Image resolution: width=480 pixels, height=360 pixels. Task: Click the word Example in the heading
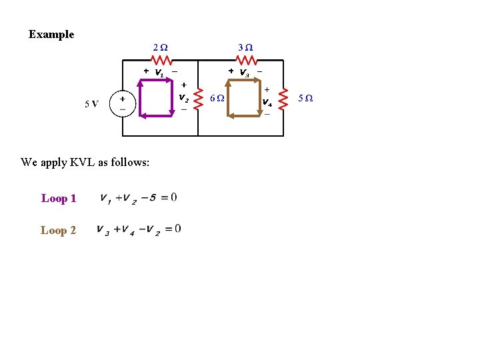tap(51, 34)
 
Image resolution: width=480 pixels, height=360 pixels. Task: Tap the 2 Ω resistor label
tap(160, 48)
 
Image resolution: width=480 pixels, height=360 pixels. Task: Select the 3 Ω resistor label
tap(245, 48)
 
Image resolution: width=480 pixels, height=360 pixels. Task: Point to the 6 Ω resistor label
tap(217, 99)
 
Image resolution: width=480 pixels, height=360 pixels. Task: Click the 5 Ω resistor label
tap(305, 99)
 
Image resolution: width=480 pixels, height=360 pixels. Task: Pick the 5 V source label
tap(92, 103)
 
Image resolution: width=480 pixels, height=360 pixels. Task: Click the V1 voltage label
tap(160, 72)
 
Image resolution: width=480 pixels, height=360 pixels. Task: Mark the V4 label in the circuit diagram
tap(267, 102)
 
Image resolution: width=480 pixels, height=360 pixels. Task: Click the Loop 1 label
tap(59, 198)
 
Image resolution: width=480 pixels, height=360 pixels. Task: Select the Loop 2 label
tap(59, 230)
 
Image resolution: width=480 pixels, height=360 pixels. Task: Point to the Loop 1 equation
tap(138, 198)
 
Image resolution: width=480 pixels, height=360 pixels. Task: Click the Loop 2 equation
tap(138, 230)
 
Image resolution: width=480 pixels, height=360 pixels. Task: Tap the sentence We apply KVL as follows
tap(85, 161)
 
